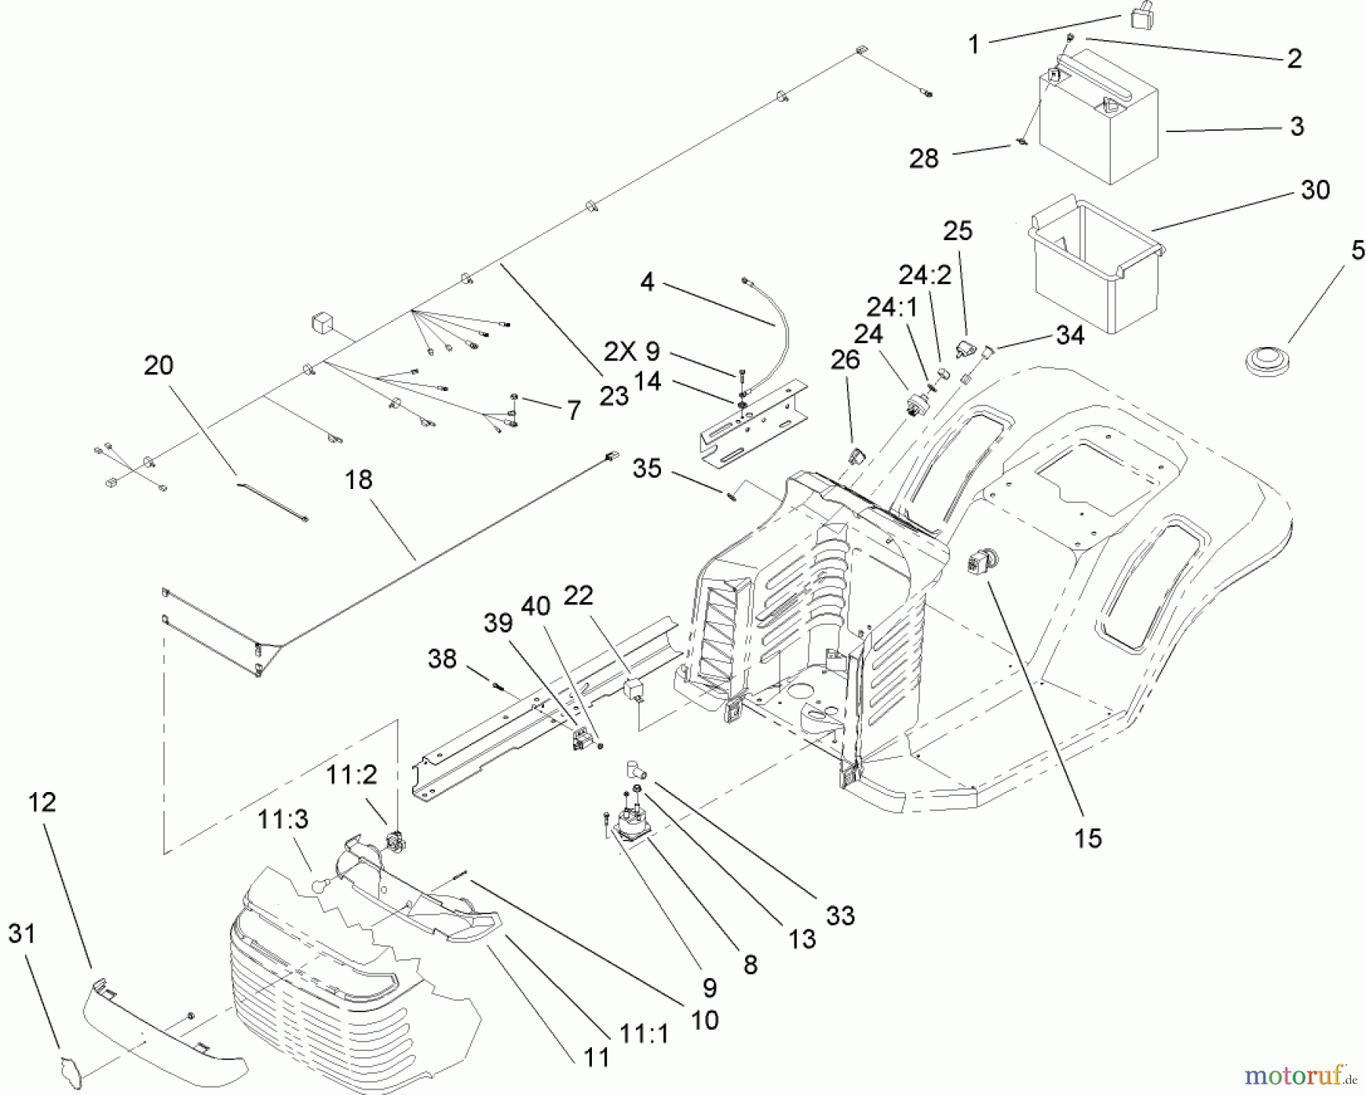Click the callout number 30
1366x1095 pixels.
coord(1315,190)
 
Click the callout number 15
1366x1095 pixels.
coord(1087,838)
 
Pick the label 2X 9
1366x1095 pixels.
coord(631,351)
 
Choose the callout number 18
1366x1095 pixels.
coord(359,479)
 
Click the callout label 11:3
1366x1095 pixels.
coord(282,819)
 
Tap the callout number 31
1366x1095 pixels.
coord(21,933)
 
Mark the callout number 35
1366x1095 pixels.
coord(647,469)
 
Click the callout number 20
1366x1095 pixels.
coord(159,365)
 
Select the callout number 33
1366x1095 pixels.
coord(840,916)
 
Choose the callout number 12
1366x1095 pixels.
coord(42,802)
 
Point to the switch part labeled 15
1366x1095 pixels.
coord(980,565)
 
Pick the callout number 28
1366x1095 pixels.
coord(924,159)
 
